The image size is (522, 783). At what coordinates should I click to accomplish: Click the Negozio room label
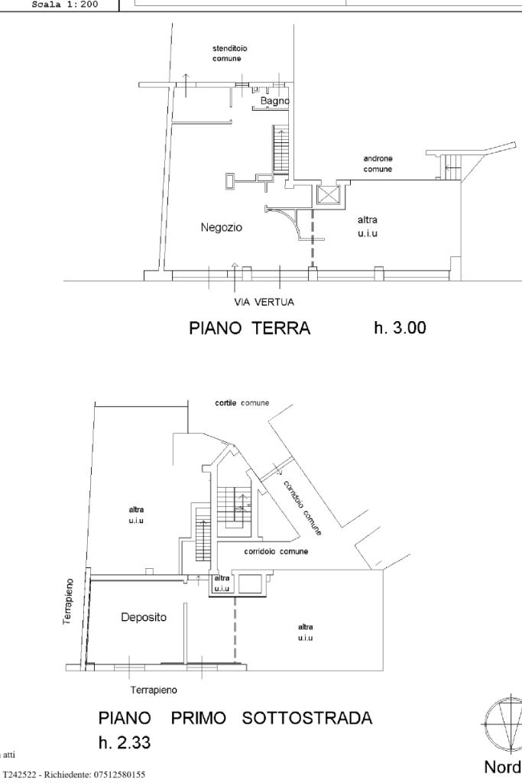point(221,227)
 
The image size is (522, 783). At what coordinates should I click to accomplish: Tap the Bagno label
point(274,101)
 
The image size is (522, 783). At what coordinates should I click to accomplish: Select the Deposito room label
point(144,617)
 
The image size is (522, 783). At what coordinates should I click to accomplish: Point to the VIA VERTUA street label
point(264,302)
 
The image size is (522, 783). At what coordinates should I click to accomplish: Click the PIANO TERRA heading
point(250,329)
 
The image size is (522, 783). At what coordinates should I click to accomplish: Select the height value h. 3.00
point(400,328)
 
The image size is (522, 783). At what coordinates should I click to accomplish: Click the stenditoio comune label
point(229,54)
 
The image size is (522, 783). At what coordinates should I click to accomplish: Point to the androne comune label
point(378,164)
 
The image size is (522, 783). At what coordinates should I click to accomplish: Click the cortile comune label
point(242,403)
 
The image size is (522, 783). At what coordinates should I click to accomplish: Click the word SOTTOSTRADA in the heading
point(306,719)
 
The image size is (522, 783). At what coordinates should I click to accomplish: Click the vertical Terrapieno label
point(67,603)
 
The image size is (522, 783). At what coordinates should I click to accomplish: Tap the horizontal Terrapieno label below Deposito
point(154,690)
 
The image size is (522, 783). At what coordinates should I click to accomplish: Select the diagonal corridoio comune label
point(302,507)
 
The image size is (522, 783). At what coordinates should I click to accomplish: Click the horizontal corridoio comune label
point(276,551)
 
